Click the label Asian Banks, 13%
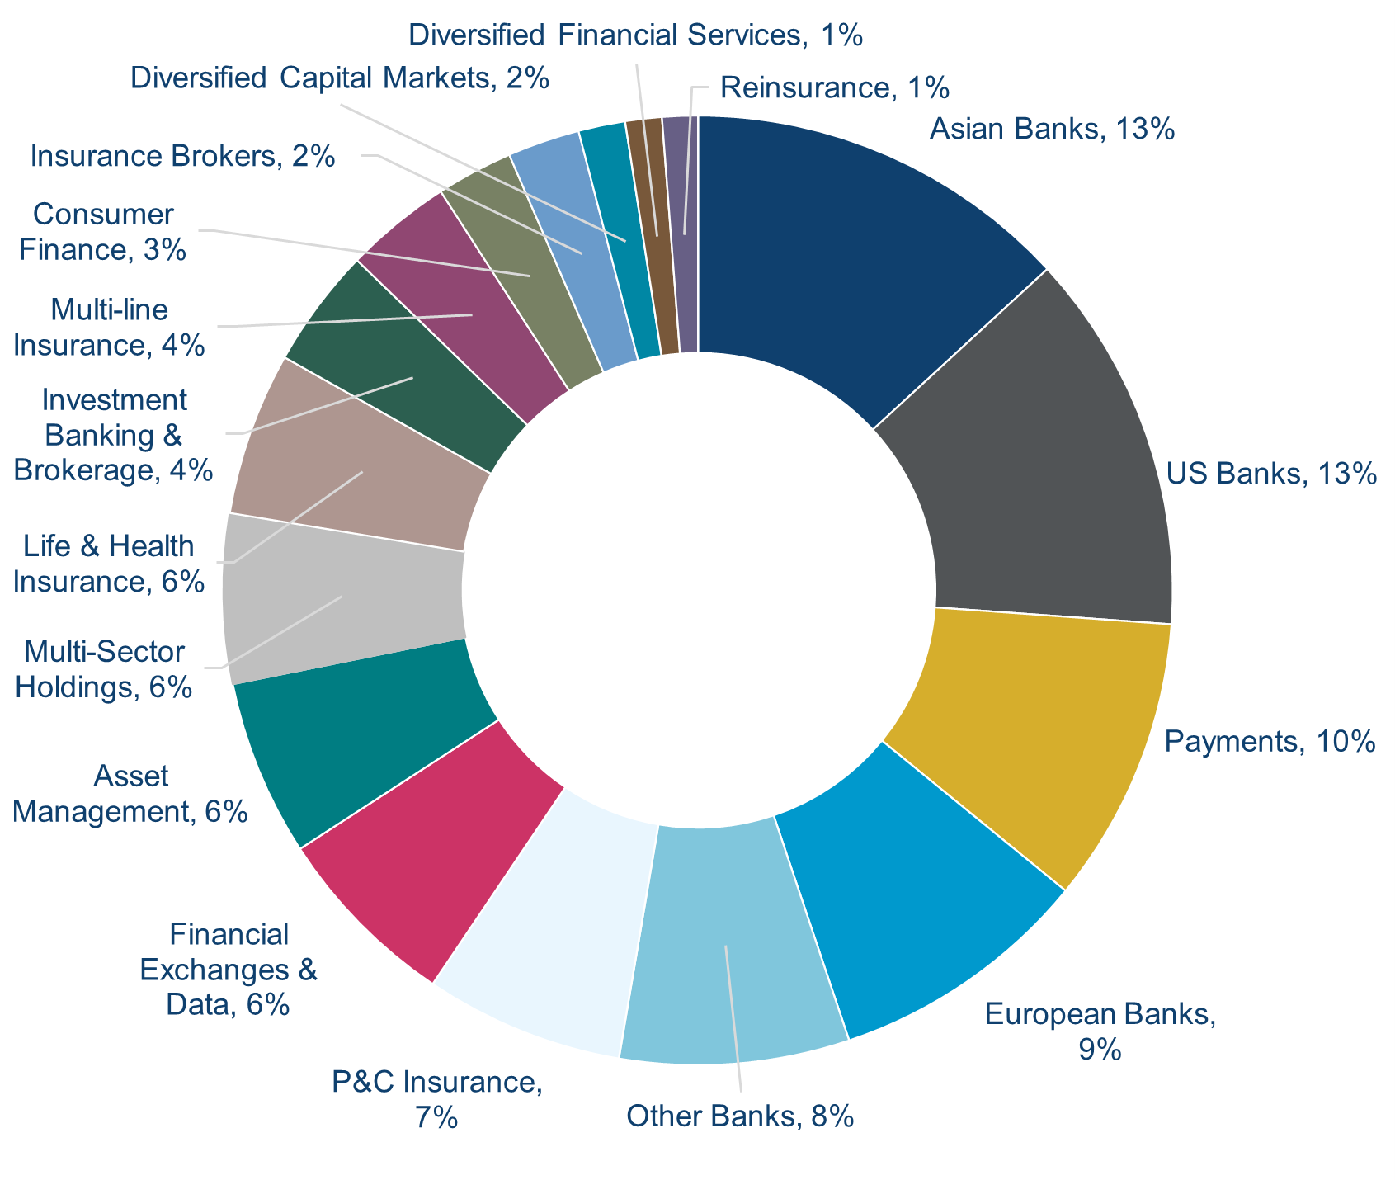[x=1051, y=130]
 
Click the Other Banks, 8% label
[x=740, y=1117]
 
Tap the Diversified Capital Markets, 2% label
[x=340, y=78]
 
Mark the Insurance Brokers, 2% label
[x=182, y=156]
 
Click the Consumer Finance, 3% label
[x=102, y=232]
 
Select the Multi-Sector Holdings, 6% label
[x=104, y=669]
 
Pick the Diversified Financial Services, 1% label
[x=635, y=35]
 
